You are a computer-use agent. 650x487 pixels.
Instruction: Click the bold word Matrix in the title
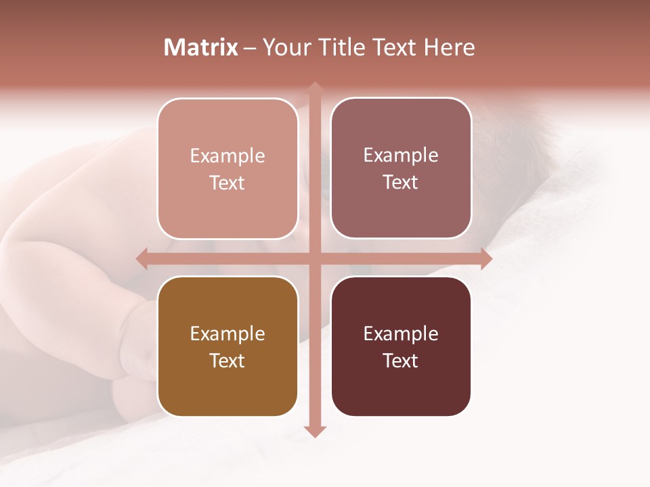click(201, 47)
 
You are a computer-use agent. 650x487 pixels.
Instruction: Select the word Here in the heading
click(449, 47)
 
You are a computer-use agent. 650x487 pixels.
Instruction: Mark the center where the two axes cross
click(314, 258)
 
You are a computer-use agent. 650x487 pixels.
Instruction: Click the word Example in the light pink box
click(227, 156)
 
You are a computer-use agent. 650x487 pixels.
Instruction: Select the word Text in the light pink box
click(227, 183)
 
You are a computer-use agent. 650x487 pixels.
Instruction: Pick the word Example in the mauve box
click(401, 156)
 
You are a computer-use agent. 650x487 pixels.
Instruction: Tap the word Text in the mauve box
click(401, 183)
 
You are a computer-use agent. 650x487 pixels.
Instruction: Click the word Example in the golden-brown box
click(227, 334)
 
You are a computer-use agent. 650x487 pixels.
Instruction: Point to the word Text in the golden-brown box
click(227, 361)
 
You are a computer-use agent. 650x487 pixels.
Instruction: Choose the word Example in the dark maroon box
click(401, 334)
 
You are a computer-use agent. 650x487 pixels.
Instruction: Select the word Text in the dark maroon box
click(401, 361)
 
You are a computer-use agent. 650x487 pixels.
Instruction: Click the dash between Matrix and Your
click(250, 48)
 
